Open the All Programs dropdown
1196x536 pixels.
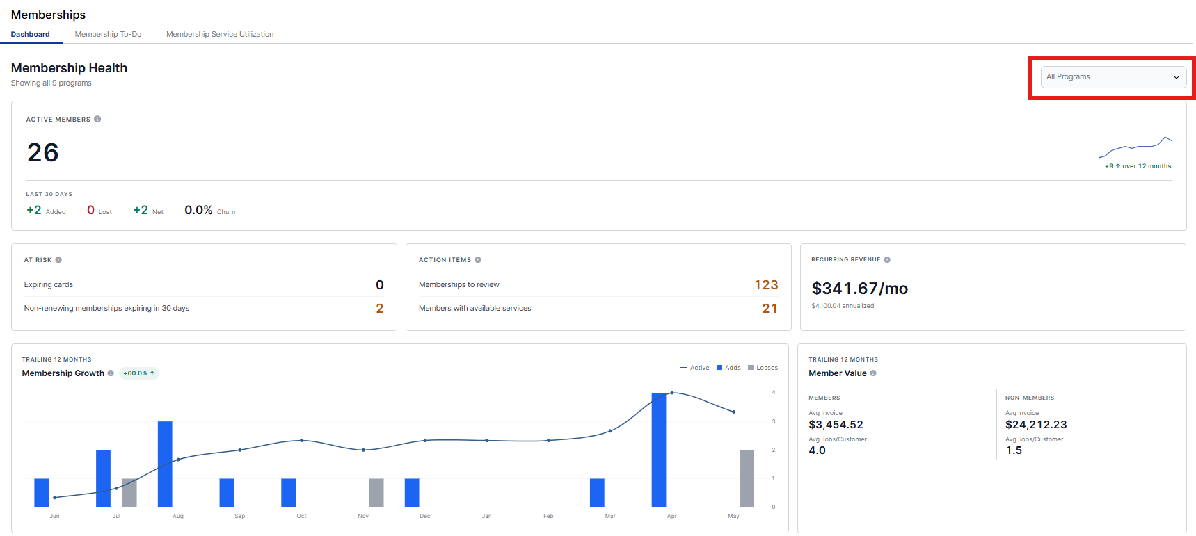(1113, 77)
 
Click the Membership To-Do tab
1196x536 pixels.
(108, 34)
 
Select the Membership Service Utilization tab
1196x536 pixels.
(220, 34)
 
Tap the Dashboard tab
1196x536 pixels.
(30, 34)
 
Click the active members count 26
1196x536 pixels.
(42, 152)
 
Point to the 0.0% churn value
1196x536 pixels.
(198, 210)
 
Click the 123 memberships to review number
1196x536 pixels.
(766, 285)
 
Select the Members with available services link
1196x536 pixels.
(475, 308)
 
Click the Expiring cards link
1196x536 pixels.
(48, 284)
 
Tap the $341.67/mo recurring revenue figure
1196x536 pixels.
(859, 289)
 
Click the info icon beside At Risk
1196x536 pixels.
(58, 260)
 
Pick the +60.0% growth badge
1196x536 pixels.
(138, 373)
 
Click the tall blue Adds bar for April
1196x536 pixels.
(658, 450)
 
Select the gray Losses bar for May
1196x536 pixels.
(747, 478)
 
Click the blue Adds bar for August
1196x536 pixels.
(165, 464)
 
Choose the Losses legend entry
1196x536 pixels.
(763, 368)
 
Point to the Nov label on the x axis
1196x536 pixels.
(363, 516)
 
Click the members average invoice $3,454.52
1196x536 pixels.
(836, 425)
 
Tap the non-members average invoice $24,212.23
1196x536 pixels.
(1036, 425)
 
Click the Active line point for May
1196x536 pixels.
(733, 412)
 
